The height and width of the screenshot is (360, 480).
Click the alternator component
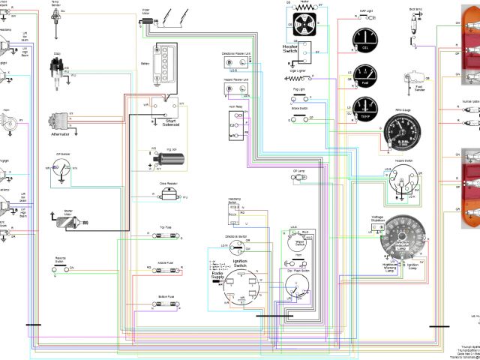pyautogui.click(x=59, y=122)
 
